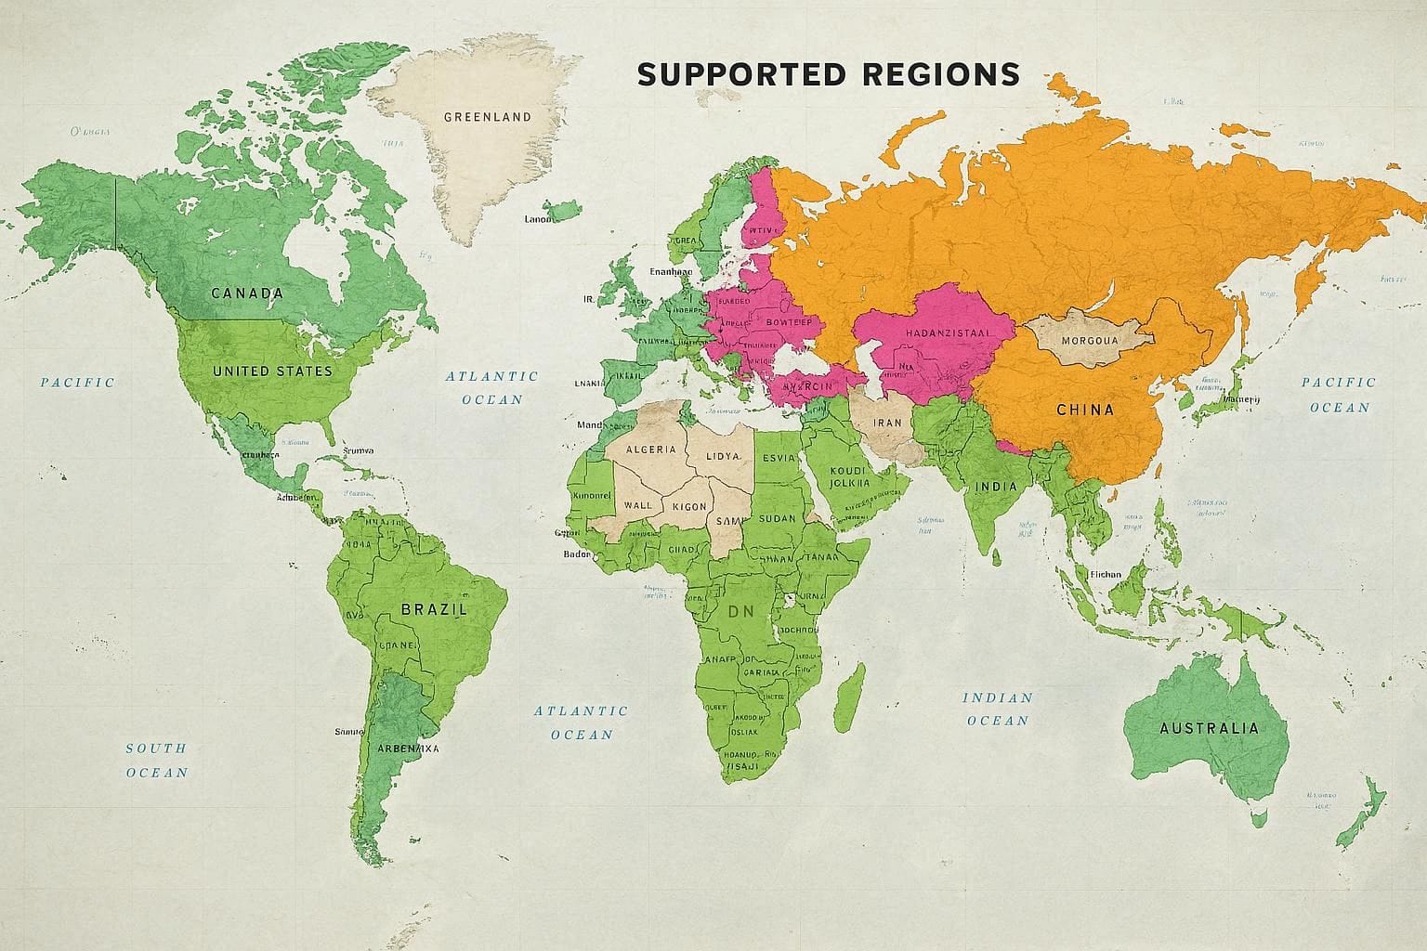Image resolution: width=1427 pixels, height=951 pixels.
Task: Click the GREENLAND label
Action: [x=488, y=117]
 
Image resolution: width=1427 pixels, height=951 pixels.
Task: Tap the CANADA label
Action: [x=247, y=293]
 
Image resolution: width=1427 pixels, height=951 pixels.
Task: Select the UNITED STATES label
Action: [x=272, y=371]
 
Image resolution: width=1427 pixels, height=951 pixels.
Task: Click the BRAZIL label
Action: [x=433, y=609]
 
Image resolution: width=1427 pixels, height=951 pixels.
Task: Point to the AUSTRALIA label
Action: [x=1209, y=728]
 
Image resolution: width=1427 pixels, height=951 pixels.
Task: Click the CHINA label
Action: [x=1085, y=409]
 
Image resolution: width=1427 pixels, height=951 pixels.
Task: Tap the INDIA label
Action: [x=995, y=487]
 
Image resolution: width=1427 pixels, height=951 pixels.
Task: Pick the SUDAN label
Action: [x=785, y=518]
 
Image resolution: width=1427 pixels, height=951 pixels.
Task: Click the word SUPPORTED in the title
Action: [x=741, y=74]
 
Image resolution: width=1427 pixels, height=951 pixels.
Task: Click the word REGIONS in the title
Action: [x=940, y=74]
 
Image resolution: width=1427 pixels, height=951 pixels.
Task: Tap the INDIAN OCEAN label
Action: [x=997, y=709]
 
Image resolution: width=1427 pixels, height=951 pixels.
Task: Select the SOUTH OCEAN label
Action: [x=156, y=760]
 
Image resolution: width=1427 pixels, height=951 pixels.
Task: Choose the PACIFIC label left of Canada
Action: [x=77, y=382]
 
